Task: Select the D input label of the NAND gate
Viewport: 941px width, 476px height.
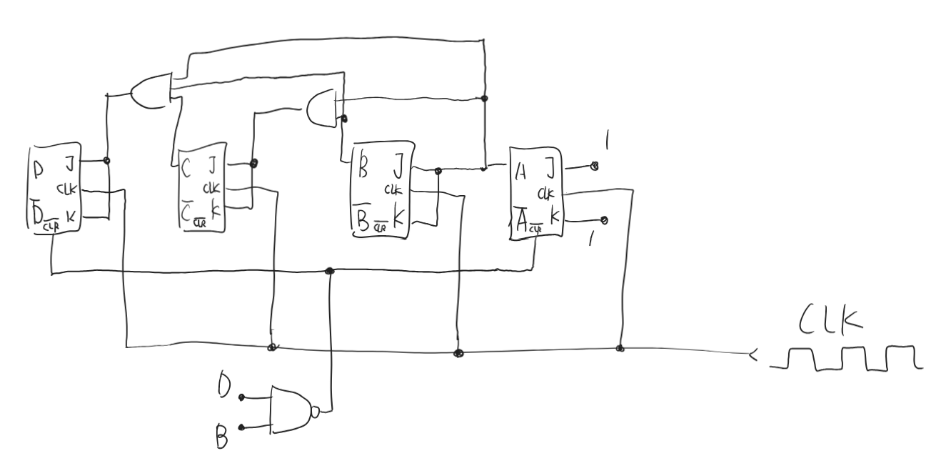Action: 224,387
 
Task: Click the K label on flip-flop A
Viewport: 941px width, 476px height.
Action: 554,216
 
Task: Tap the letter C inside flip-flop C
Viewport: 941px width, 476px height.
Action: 187,168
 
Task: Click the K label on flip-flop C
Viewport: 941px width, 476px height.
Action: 216,212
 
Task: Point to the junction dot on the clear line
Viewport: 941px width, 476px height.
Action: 329,271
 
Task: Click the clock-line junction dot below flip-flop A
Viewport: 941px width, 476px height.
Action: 620,349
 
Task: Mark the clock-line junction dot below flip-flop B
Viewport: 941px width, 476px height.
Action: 458,353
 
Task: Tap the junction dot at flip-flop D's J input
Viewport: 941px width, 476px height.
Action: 106,161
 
